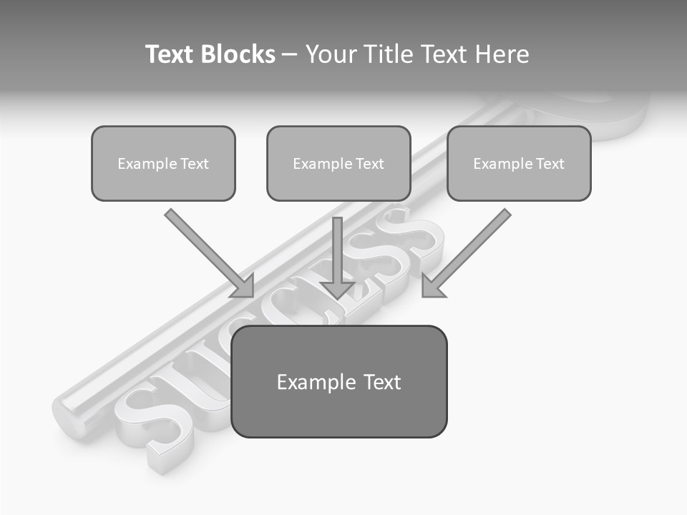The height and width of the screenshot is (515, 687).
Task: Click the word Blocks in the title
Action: click(x=238, y=54)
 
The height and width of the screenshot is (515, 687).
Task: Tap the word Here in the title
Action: click(x=500, y=54)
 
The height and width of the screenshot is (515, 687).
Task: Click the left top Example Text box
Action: click(x=163, y=163)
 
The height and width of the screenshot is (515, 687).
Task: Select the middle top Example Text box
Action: click(x=338, y=163)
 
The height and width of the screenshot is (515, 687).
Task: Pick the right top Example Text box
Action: click(x=519, y=163)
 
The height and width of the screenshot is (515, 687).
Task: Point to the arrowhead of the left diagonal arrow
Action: click(x=243, y=286)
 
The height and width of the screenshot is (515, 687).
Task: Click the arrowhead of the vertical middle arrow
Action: click(x=337, y=289)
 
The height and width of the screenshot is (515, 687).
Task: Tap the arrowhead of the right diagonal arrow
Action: click(x=432, y=286)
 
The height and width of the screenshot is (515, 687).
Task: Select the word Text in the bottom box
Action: click(x=381, y=382)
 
